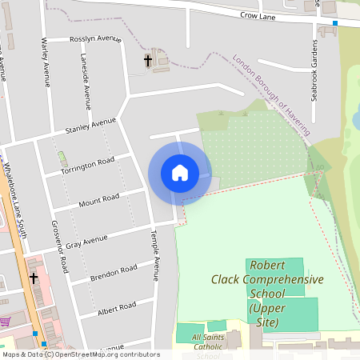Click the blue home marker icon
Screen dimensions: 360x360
(x=180, y=173)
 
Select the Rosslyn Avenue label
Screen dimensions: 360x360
(x=95, y=38)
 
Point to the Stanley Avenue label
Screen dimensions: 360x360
(x=90, y=126)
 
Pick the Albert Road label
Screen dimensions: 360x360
(x=117, y=308)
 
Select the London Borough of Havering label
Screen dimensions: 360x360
(x=272, y=93)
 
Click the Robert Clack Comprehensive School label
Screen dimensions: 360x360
(x=266, y=293)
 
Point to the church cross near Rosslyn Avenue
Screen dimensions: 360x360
(x=148, y=60)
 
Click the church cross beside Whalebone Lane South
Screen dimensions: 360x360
(x=34, y=278)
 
